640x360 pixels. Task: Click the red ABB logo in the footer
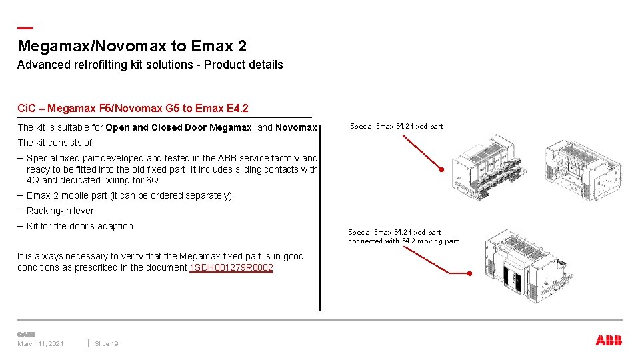pos(608,341)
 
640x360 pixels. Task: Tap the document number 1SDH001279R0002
pos(232,267)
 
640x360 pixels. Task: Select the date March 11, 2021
pos(41,344)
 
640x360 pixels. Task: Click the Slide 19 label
pos(107,344)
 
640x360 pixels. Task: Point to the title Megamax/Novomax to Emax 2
pos(132,46)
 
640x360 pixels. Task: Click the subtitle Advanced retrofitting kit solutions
pos(150,65)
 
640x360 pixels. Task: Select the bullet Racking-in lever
pos(60,211)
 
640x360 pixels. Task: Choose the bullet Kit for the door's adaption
pos(79,226)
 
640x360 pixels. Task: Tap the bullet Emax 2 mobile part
pos(129,195)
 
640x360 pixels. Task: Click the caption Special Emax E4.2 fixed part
pos(396,126)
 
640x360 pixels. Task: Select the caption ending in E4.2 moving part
pos(403,241)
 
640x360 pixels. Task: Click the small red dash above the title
pos(25,28)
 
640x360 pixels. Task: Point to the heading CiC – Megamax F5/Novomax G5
pos(133,108)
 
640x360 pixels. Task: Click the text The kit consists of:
pos(56,143)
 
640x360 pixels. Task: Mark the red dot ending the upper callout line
pos(441,169)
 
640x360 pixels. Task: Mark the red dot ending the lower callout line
pos(469,273)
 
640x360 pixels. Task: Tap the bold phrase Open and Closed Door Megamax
pos(179,127)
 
